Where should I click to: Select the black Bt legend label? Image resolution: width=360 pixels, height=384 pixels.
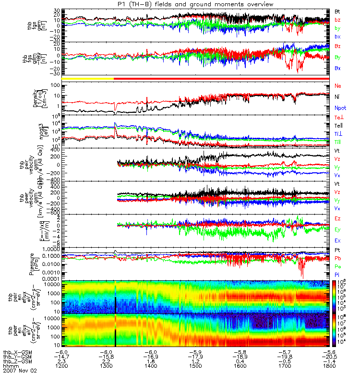[x=337, y=11]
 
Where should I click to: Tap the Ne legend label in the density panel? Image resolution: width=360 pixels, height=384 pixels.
[x=338, y=85]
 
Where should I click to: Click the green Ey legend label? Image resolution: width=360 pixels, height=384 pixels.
[x=338, y=230]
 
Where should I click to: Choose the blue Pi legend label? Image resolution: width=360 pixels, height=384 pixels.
[x=337, y=274]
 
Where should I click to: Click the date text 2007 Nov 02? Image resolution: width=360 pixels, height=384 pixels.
[x=20, y=371]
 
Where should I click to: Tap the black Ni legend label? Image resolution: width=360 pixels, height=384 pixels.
[x=337, y=96]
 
